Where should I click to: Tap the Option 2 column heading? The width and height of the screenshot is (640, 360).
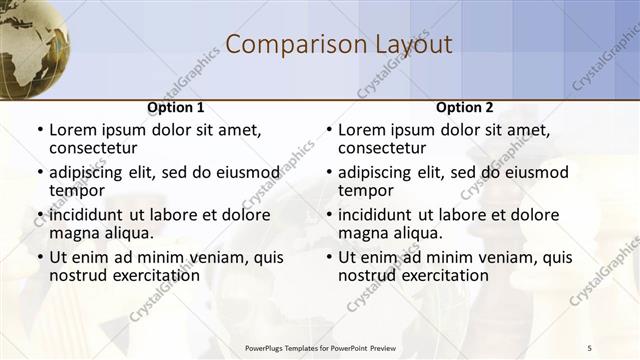click(464, 108)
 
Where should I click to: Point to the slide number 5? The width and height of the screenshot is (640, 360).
click(589, 347)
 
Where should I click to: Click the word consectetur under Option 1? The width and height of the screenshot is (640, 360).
click(93, 148)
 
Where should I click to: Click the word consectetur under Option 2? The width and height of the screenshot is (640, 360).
click(382, 148)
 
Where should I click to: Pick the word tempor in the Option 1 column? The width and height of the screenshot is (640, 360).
click(77, 190)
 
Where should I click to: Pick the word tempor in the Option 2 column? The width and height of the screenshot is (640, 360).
click(366, 190)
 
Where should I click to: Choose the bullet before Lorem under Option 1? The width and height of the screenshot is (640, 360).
click(40, 130)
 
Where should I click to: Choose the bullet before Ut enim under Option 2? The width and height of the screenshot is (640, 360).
click(329, 257)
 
